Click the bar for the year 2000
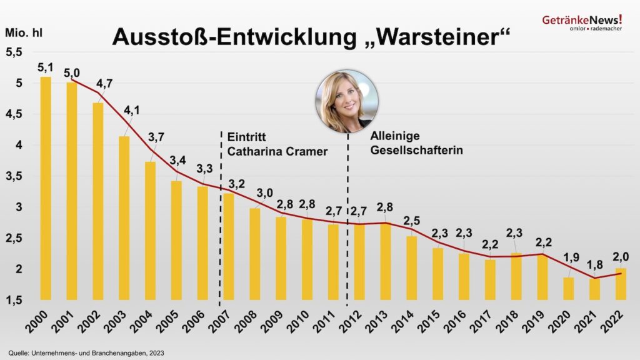pyautogui.click(x=46, y=187)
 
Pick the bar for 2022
pyautogui.click(x=621, y=284)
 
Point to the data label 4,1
pyautogui.click(x=132, y=111)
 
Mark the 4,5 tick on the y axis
pyautogui.click(x=14, y=114)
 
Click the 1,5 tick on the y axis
pyautogui.click(x=14, y=301)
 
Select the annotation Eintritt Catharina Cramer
pyautogui.click(x=277, y=144)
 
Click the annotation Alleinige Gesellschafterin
pyautogui.click(x=416, y=143)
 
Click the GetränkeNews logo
pyautogui.click(x=582, y=22)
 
